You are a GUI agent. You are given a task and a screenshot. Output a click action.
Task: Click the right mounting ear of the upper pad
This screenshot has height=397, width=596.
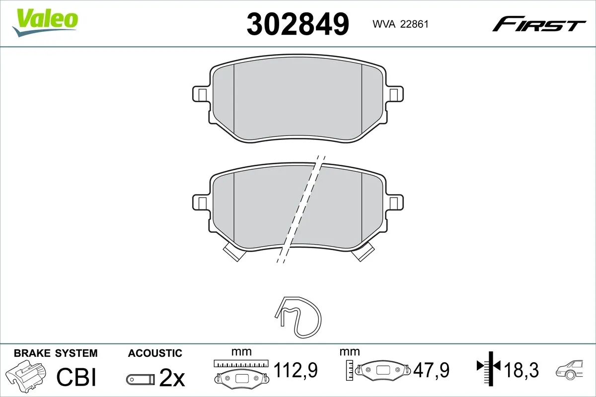click(394, 94)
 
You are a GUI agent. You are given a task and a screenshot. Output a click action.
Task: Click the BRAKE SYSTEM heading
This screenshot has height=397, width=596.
click(56, 353)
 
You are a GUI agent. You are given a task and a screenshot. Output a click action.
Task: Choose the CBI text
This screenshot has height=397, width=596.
click(75, 377)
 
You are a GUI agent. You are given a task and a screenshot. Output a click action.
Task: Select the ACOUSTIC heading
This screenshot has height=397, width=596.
click(155, 353)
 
